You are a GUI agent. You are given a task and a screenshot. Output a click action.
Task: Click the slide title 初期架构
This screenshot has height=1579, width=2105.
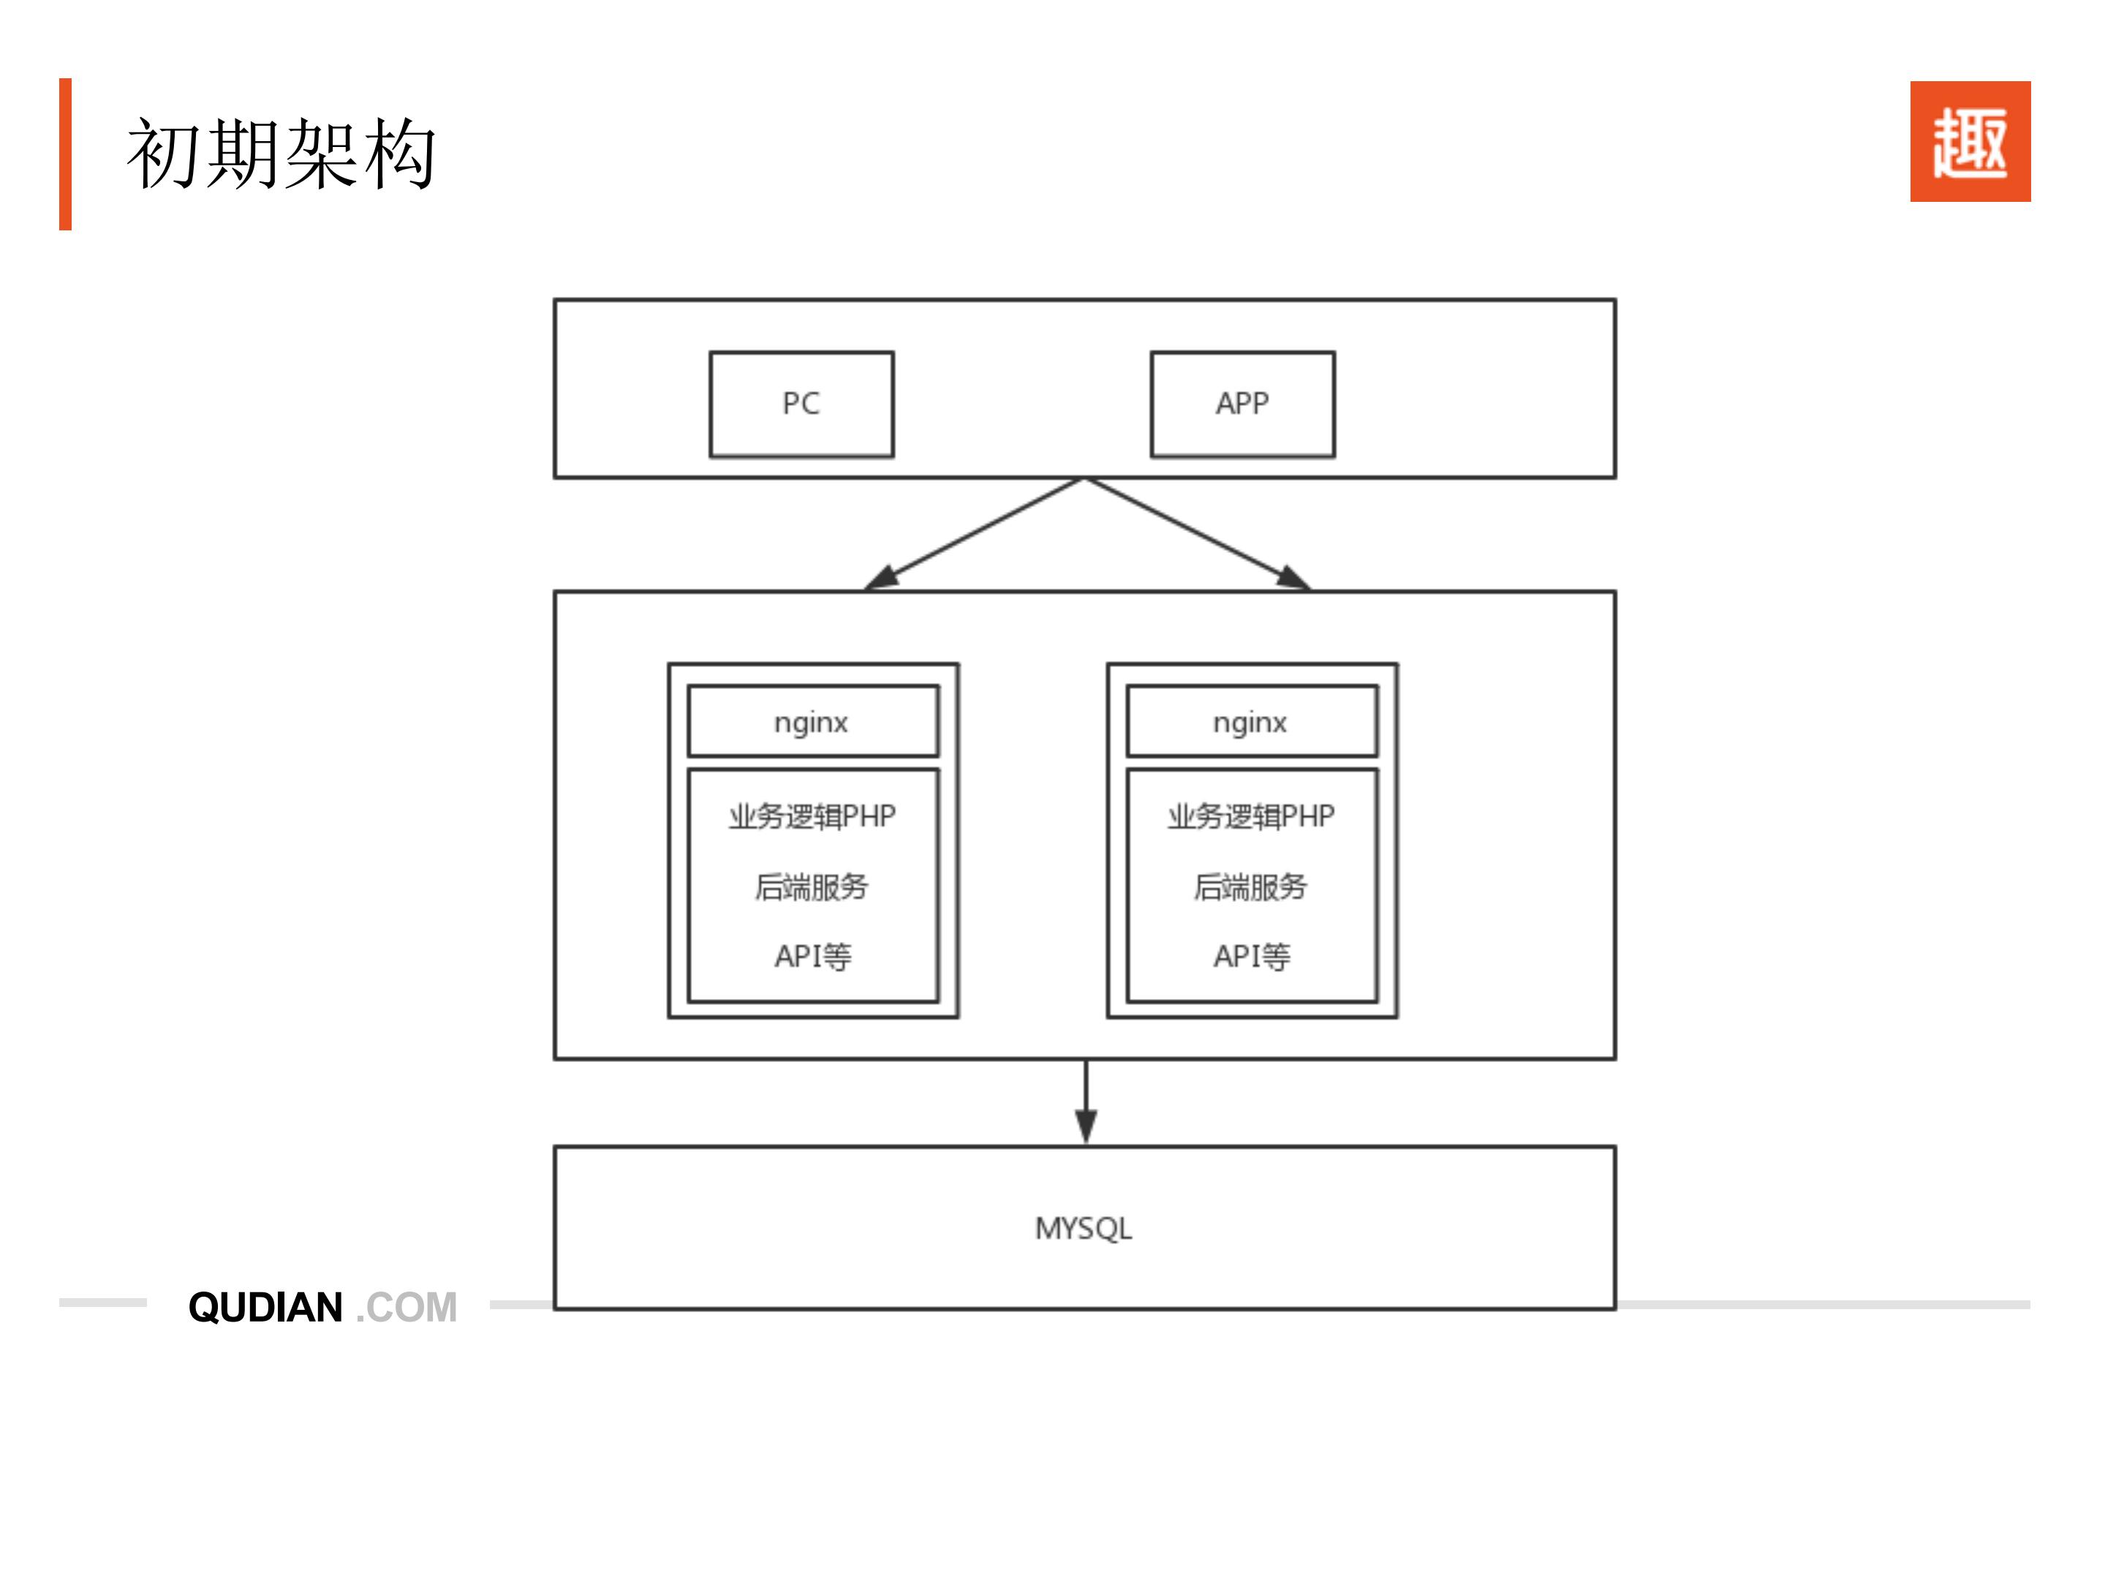pos(281,154)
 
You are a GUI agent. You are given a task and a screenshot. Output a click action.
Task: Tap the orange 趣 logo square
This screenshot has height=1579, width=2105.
pos(1969,141)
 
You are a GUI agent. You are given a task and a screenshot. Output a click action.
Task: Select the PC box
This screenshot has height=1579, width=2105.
pos(801,404)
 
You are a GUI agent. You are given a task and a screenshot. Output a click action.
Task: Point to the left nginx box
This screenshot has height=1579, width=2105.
pos(812,721)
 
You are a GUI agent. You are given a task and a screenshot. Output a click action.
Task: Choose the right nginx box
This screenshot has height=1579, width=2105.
pos(1250,721)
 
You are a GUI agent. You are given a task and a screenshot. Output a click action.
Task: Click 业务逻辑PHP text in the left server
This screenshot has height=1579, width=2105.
pos(812,815)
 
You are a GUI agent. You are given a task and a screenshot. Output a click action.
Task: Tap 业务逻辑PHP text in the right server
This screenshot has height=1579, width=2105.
pos(1250,815)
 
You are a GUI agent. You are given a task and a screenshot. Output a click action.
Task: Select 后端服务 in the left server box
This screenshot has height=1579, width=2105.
pos(812,886)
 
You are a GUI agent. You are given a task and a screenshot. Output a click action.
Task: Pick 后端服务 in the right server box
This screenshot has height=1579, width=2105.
pos(1250,886)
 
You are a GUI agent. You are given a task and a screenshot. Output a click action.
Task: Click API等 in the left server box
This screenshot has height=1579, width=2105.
pos(812,956)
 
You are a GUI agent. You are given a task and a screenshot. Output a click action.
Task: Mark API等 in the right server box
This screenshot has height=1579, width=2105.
pos(1250,956)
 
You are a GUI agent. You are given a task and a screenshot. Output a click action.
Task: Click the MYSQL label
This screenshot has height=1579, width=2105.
pos(1083,1228)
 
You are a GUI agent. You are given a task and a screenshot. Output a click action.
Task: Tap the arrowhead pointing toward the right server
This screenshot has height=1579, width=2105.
pos(1293,578)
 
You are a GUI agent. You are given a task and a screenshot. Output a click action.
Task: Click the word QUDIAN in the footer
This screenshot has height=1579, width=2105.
pos(265,1307)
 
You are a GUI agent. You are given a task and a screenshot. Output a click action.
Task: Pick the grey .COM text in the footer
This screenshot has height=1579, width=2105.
pos(407,1307)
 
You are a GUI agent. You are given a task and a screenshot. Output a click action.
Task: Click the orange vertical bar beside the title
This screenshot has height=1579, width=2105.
pos(65,154)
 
